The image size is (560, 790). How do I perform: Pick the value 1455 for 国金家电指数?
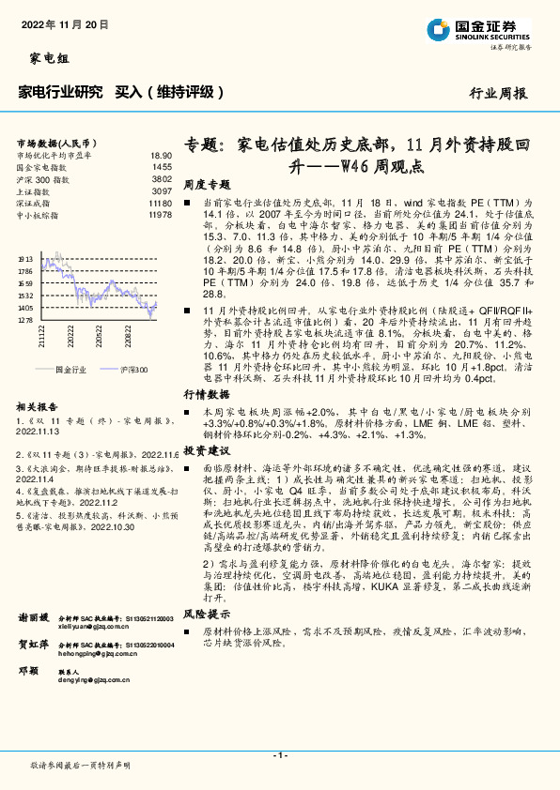click(x=163, y=166)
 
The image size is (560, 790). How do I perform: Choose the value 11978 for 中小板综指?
click(x=160, y=215)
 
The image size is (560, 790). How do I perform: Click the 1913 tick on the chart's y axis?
click(x=25, y=257)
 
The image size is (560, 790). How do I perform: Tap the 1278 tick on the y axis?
click(x=25, y=320)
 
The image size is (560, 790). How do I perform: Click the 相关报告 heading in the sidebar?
click(x=39, y=407)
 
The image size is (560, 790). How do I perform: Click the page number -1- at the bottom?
click(x=279, y=755)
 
